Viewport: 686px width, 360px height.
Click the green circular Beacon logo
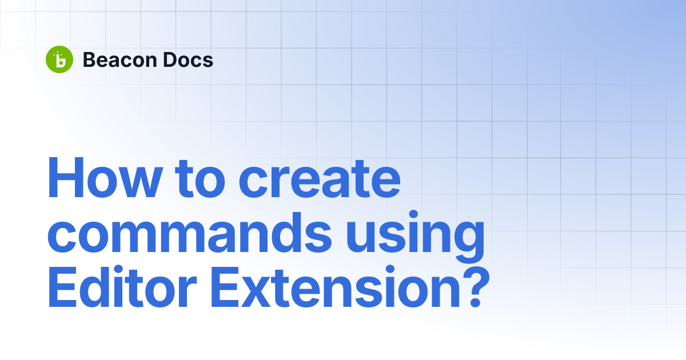click(x=59, y=59)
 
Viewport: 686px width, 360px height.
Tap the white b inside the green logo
click(x=60, y=61)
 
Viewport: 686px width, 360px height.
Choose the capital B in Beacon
click(x=89, y=59)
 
